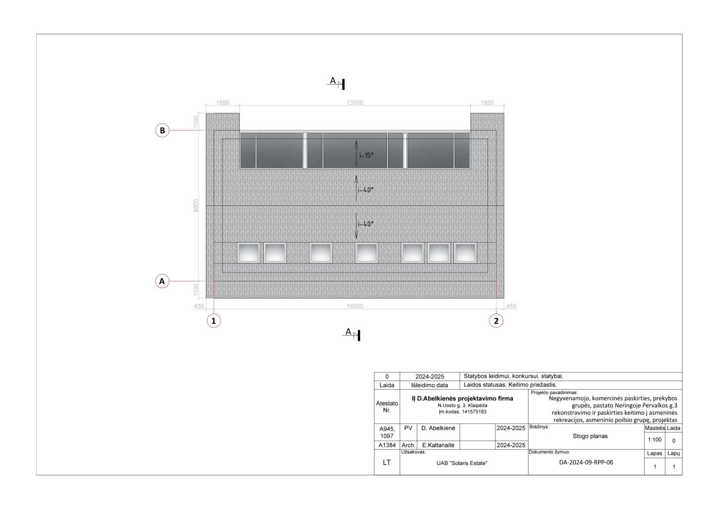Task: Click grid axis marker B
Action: tap(162, 130)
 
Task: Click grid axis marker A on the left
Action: tap(162, 281)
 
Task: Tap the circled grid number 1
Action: tap(214, 321)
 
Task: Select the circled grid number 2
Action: tap(496, 321)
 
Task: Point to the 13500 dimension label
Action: tap(355, 103)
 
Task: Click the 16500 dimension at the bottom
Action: tap(355, 306)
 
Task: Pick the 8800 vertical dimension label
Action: tap(196, 206)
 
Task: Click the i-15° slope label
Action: tap(366, 155)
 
